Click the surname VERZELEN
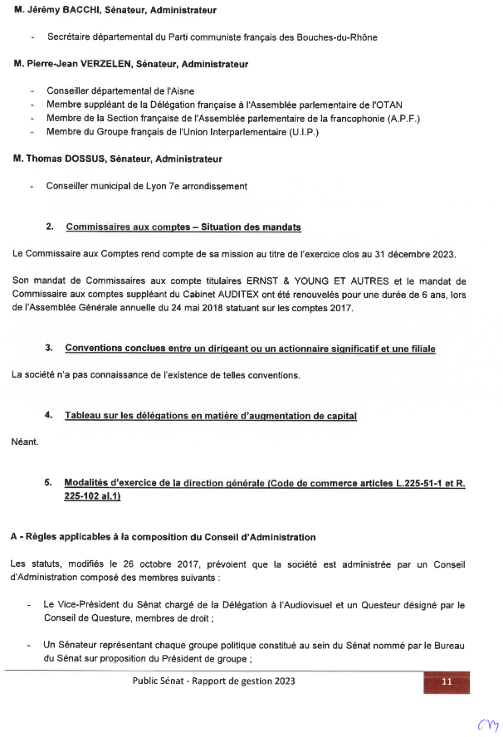tap(106, 64)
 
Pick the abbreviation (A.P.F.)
tap(396, 118)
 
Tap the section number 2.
tap(50, 227)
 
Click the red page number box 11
tap(447, 681)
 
